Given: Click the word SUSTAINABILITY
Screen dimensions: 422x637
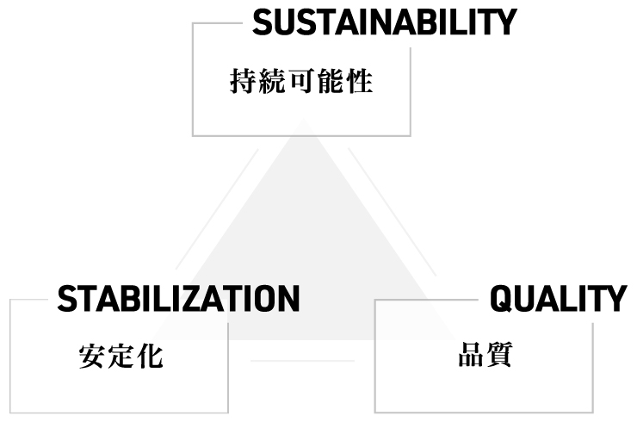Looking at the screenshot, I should point(384,22).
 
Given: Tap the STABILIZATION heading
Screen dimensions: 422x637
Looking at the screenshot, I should point(178,299).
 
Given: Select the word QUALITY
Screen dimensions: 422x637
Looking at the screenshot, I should point(558,299).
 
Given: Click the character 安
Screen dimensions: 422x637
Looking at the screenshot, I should point(92,357).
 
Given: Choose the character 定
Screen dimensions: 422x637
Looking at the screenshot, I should point(121,357).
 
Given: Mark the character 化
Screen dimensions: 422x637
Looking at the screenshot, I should point(150,357).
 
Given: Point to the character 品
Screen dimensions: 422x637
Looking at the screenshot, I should point(470,355).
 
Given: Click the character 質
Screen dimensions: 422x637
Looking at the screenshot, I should point(499,355).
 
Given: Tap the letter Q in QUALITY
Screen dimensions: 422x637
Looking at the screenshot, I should point(504,299).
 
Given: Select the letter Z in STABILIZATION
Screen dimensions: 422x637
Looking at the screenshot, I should point(201,299).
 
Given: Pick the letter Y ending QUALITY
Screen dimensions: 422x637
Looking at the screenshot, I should point(616,299).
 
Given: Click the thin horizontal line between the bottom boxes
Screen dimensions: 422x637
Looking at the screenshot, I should point(301,361).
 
